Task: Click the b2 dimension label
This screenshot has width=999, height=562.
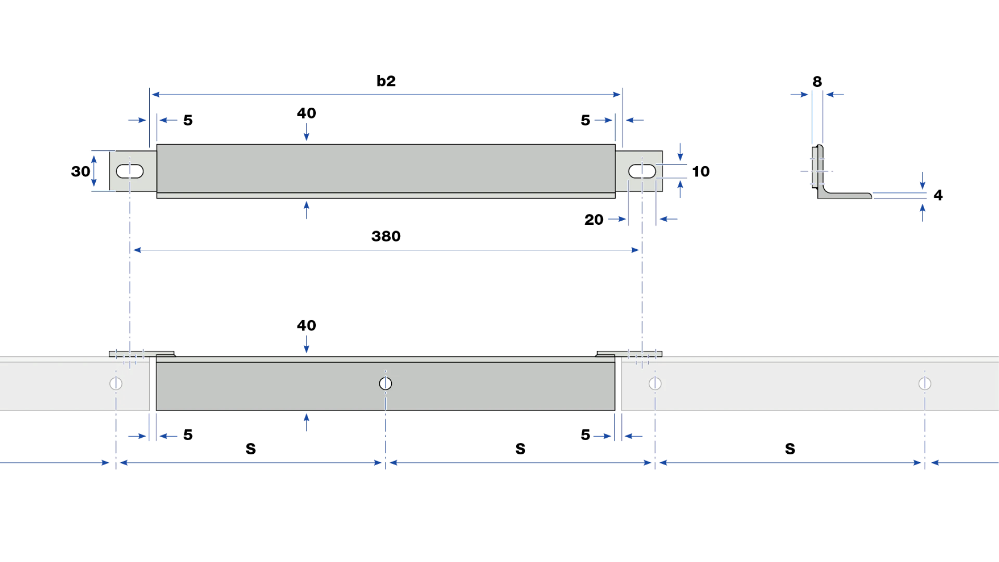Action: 386,81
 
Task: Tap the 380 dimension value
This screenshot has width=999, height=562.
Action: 386,236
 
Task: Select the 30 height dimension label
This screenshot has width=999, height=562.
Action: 81,171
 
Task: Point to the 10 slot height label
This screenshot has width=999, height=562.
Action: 701,171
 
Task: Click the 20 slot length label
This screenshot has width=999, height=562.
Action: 594,220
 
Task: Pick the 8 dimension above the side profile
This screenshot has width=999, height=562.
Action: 817,82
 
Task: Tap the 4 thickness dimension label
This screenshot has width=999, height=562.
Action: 938,195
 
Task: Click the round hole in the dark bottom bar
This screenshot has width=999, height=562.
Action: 386,384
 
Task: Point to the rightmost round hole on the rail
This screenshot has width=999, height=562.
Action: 925,384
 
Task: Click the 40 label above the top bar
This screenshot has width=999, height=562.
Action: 306,113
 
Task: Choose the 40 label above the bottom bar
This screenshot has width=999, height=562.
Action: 306,325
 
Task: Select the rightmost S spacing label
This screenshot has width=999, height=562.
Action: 790,449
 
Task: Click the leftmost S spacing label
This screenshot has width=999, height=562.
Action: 251,449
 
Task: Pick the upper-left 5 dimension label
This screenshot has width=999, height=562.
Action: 188,120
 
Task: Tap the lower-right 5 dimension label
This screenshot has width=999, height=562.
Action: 585,435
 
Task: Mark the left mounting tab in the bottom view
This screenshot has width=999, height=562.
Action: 142,354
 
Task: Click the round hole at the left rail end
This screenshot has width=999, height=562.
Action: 116,384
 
